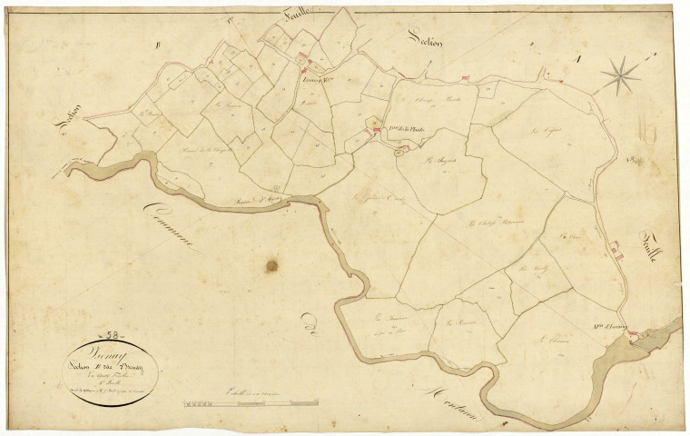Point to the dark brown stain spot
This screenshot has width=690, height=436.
pos(271,266)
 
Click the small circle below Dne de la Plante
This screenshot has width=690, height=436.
pos(398,155)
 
